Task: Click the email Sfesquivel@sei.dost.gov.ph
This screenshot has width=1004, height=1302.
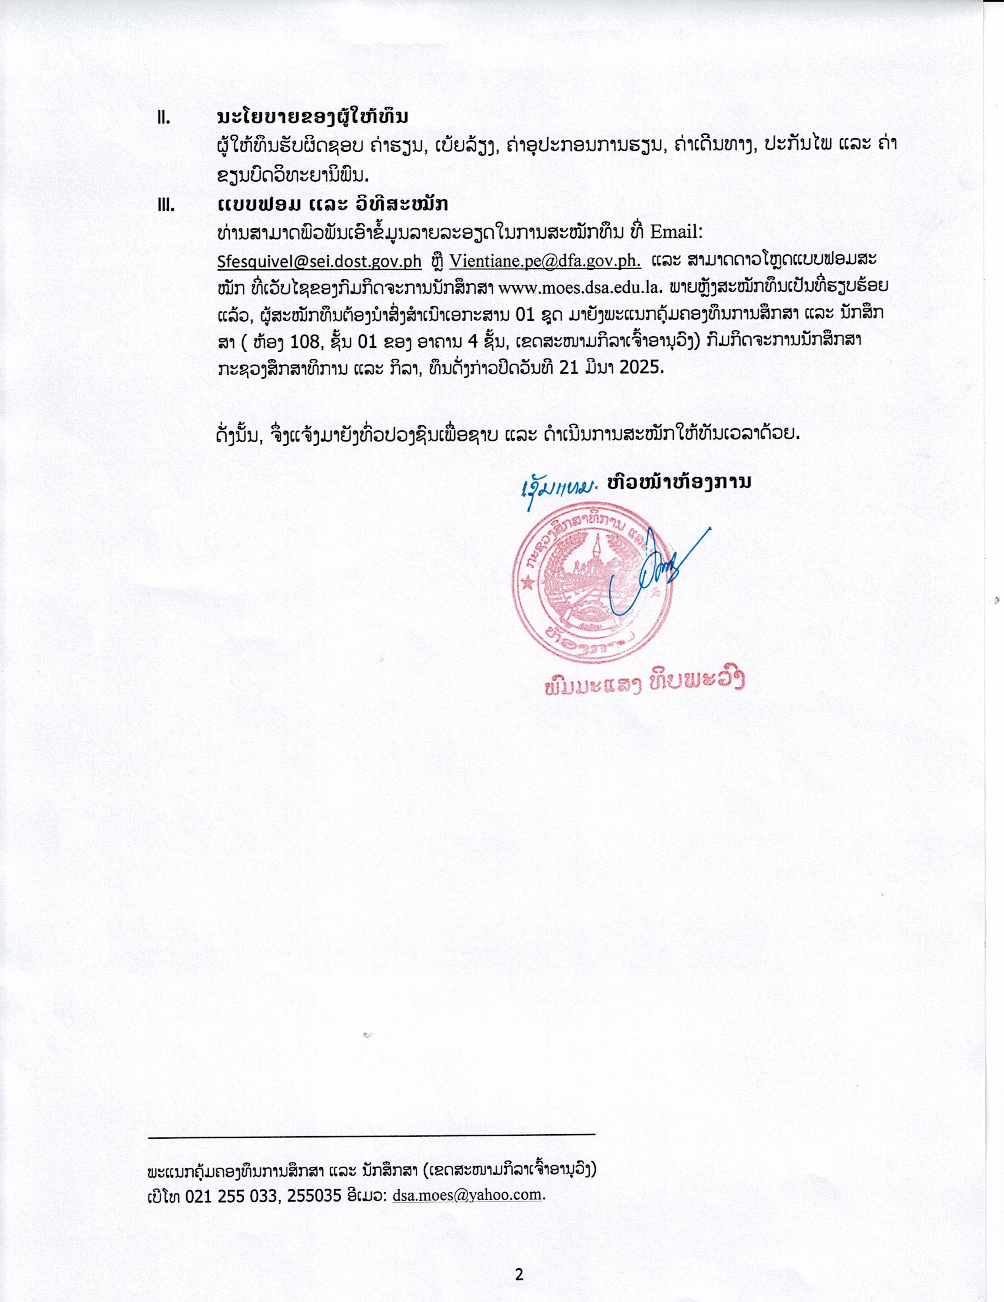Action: [320, 261]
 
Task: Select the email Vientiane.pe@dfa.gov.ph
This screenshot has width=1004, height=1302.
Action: [545, 261]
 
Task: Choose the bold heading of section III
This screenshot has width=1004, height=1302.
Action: [333, 204]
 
